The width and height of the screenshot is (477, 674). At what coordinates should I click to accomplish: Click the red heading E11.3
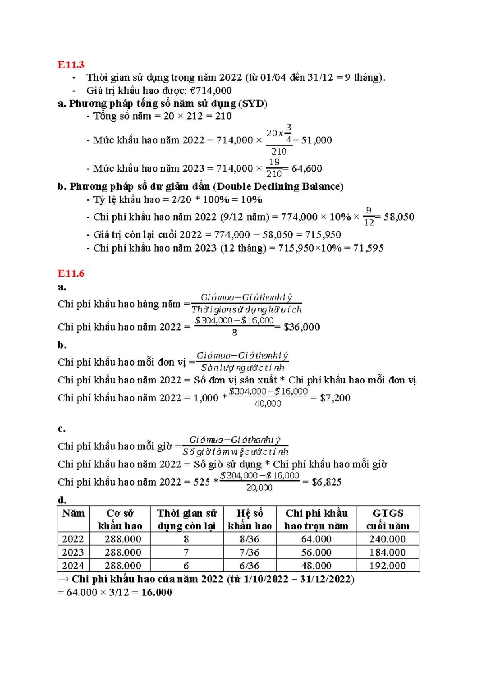(x=71, y=65)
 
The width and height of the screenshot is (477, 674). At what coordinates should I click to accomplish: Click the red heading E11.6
(x=71, y=273)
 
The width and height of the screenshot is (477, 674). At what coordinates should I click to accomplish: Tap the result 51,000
(x=316, y=140)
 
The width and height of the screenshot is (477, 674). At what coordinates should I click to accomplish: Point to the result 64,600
(x=306, y=168)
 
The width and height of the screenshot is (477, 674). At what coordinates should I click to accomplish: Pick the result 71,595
(x=368, y=248)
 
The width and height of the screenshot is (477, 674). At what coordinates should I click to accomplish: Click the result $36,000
(x=301, y=327)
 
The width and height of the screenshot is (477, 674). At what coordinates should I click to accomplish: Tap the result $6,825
(x=326, y=482)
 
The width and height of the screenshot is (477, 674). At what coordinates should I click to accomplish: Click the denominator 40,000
(x=268, y=404)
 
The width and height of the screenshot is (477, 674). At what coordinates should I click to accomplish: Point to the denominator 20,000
(x=259, y=488)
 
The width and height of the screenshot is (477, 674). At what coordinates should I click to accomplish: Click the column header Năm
(x=74, y=513)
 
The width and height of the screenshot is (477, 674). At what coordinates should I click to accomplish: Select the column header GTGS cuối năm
(x=388, y=519)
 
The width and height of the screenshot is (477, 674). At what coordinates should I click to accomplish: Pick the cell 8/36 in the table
(x=249, y=539)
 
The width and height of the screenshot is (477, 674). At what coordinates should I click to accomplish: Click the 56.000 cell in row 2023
(x=316, y=552)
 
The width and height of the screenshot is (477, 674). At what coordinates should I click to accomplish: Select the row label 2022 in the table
(x=73, y=539)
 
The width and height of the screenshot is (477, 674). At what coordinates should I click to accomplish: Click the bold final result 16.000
(x=157, y=592)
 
